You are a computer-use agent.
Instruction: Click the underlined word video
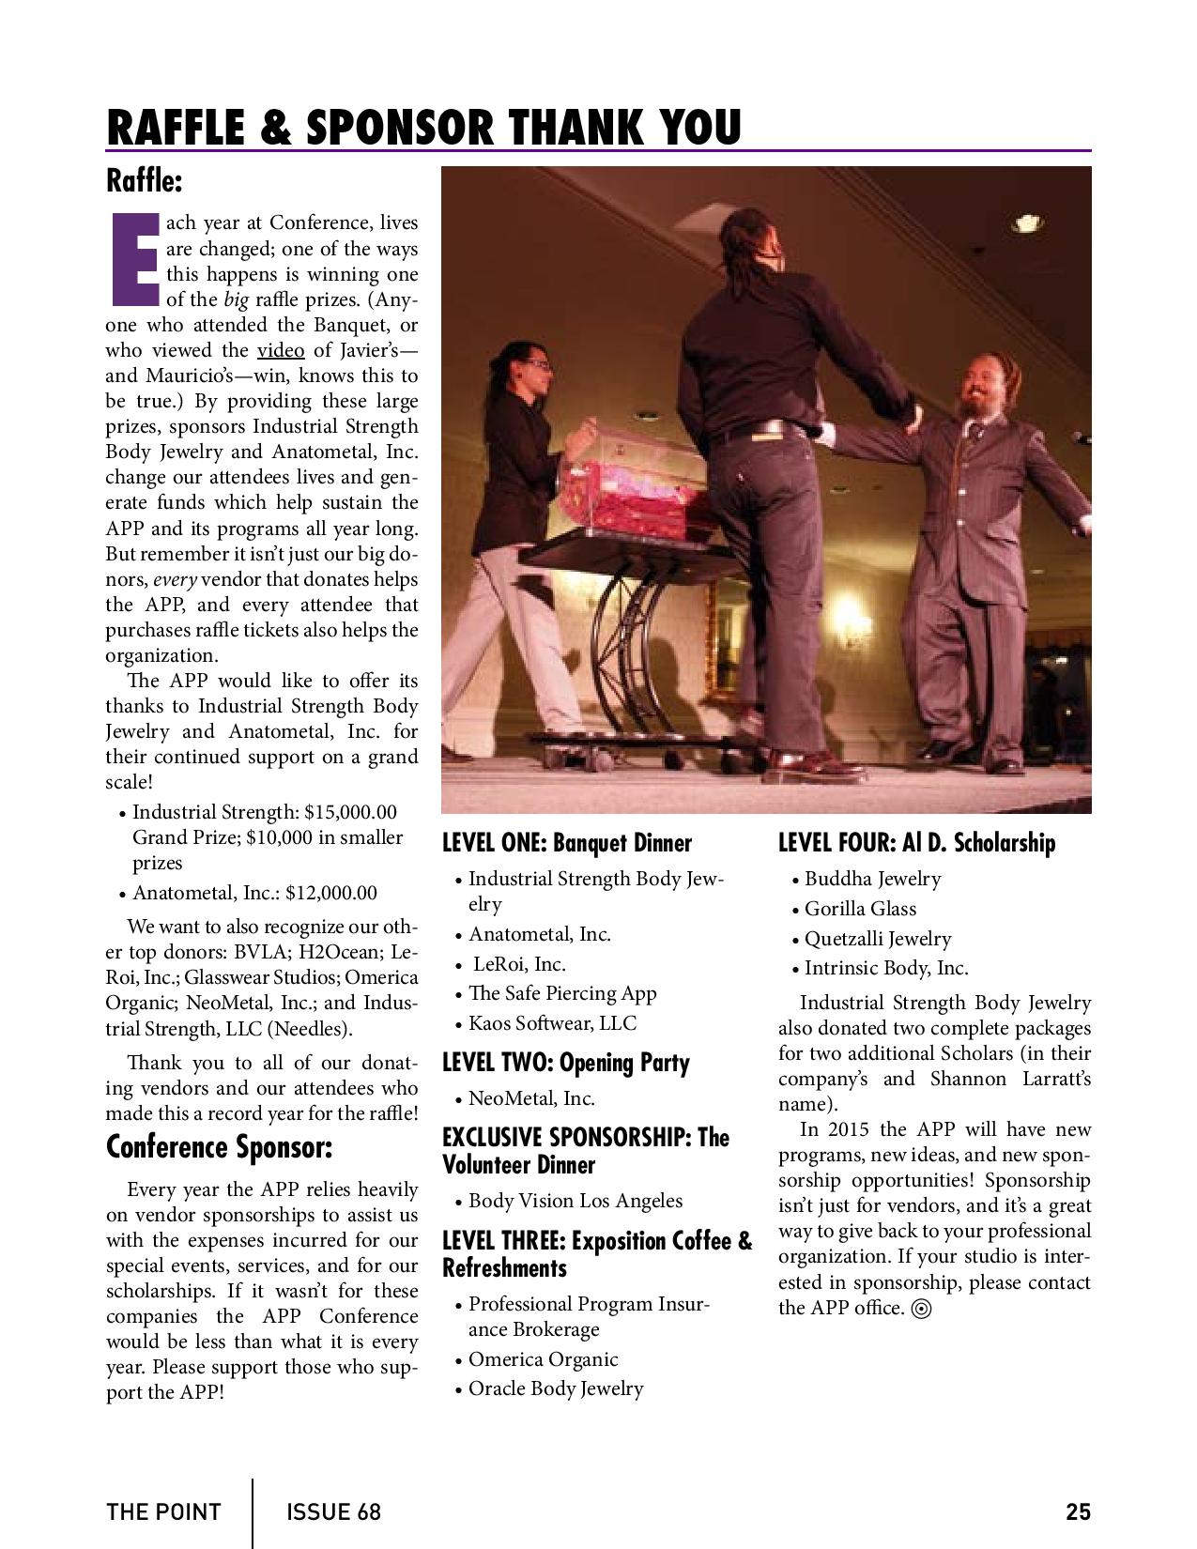click(x=281, y=351)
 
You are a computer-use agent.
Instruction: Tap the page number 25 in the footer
click(x=1078, y=1511)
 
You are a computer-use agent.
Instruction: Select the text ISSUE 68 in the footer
click(x=334, y=1512)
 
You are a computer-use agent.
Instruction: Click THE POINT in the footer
click(x=163, y=1512)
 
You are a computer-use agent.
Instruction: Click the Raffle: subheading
click(x=144, y=179)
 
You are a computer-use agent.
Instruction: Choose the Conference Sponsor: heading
click(x=219, y=1147)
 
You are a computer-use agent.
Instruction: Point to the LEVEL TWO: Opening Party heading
click(x=566, y=1063)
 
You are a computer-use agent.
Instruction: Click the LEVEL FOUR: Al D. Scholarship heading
click(x=916, y=843)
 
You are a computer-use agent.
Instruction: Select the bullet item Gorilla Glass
click(x=860, y=909)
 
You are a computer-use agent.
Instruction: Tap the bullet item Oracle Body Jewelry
click(x=556, y=1388)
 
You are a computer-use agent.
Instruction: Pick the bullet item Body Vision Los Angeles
click(x=575, y=1201)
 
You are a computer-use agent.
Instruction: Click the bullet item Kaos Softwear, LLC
click(x=552, y=1023)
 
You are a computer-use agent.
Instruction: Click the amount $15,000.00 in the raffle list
click(x=350, y=812)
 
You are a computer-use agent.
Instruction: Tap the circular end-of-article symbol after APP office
click(x=922, y=1309)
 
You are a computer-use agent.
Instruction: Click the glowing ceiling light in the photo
click(x=1027, y=223)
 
